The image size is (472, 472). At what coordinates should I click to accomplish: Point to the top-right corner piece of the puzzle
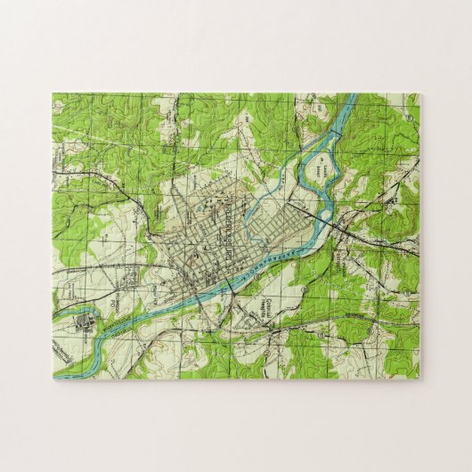pos(406,105)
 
